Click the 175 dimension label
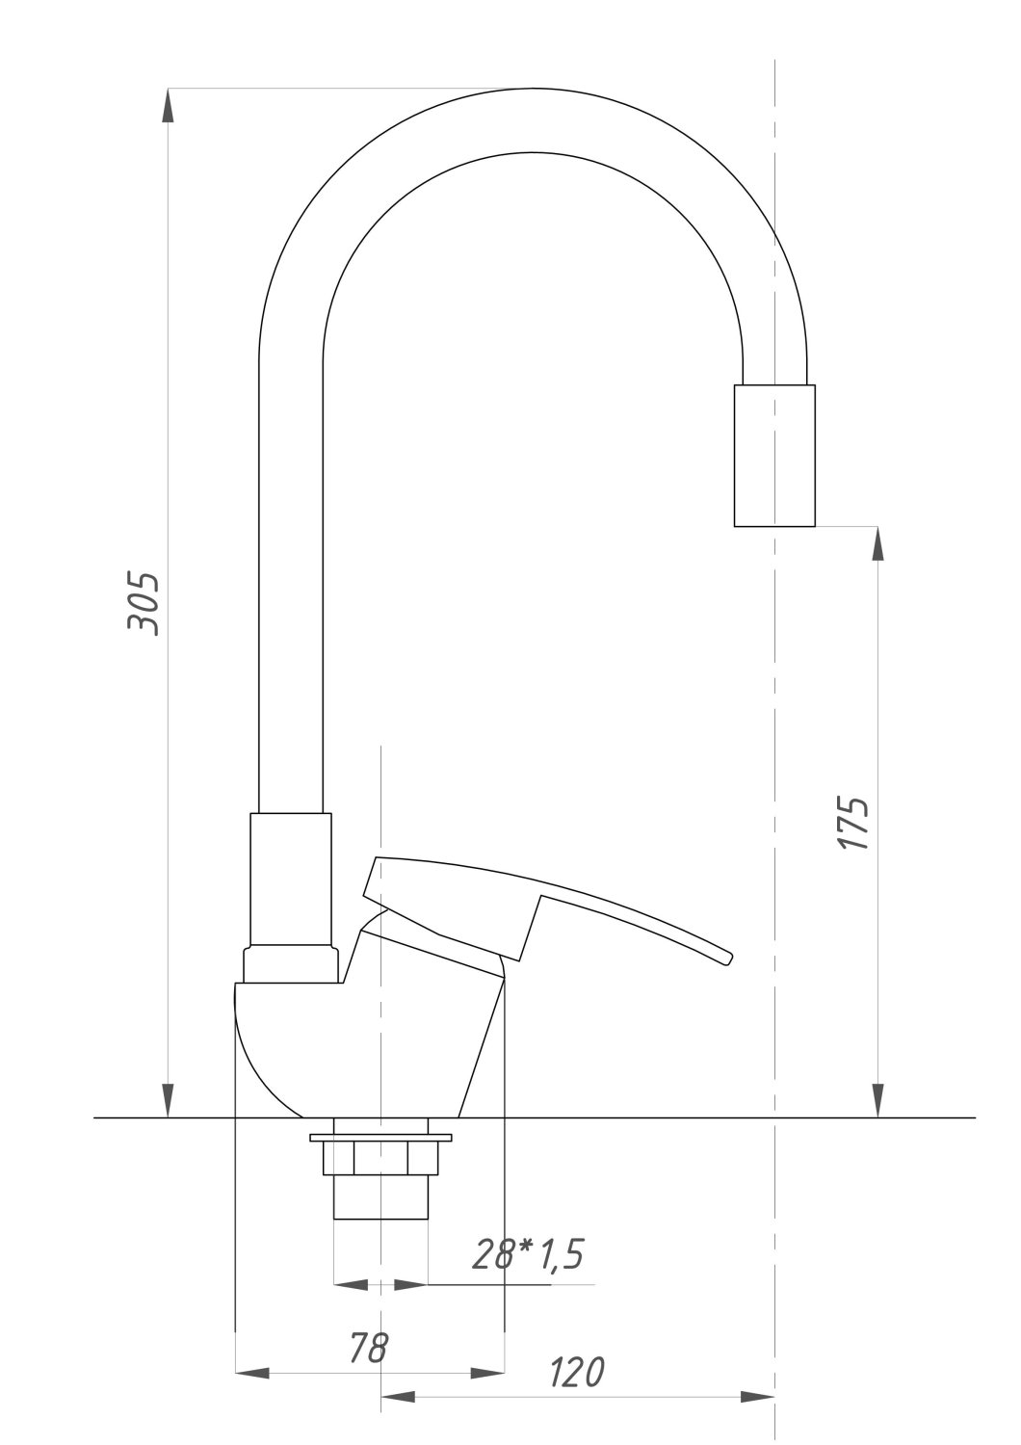(853, 823)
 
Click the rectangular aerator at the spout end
(774, 456)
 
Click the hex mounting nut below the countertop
(380, 1158)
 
